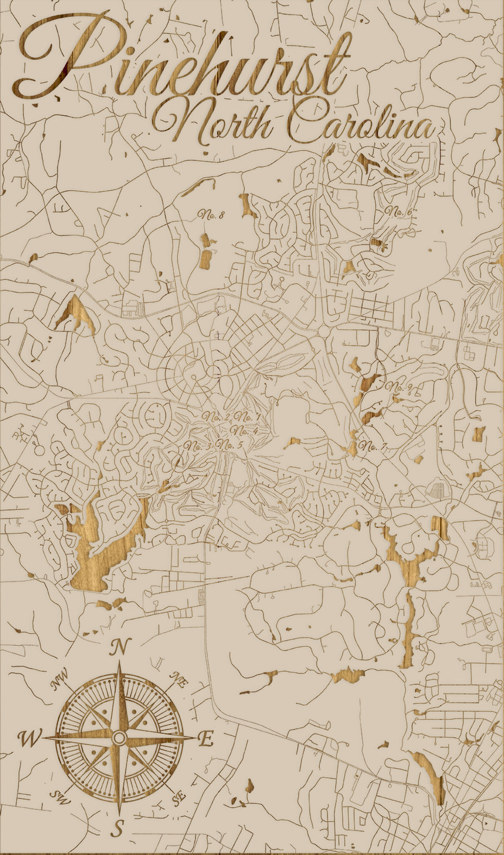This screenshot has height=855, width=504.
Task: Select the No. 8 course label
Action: tap(211, 215)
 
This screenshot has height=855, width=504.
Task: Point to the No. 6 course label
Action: tap(398, 211)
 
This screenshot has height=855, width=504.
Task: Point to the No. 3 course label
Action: tap(197, 446)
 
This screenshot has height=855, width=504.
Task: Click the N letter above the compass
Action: tap(121, 647)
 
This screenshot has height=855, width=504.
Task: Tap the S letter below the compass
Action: tap(118, 828)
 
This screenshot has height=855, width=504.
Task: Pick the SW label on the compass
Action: tap(56, 797)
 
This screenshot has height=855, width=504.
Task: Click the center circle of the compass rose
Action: tap(119, 738)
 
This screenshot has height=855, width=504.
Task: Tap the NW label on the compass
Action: tap(60, 679)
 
